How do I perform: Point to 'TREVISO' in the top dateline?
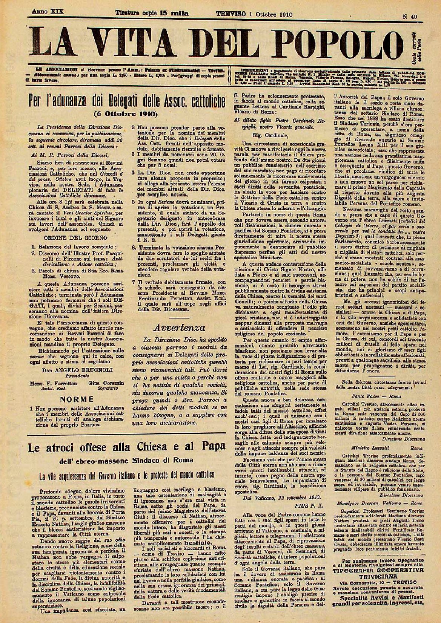pos(230,14)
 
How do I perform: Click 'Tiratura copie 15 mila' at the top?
pos(152,14)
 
